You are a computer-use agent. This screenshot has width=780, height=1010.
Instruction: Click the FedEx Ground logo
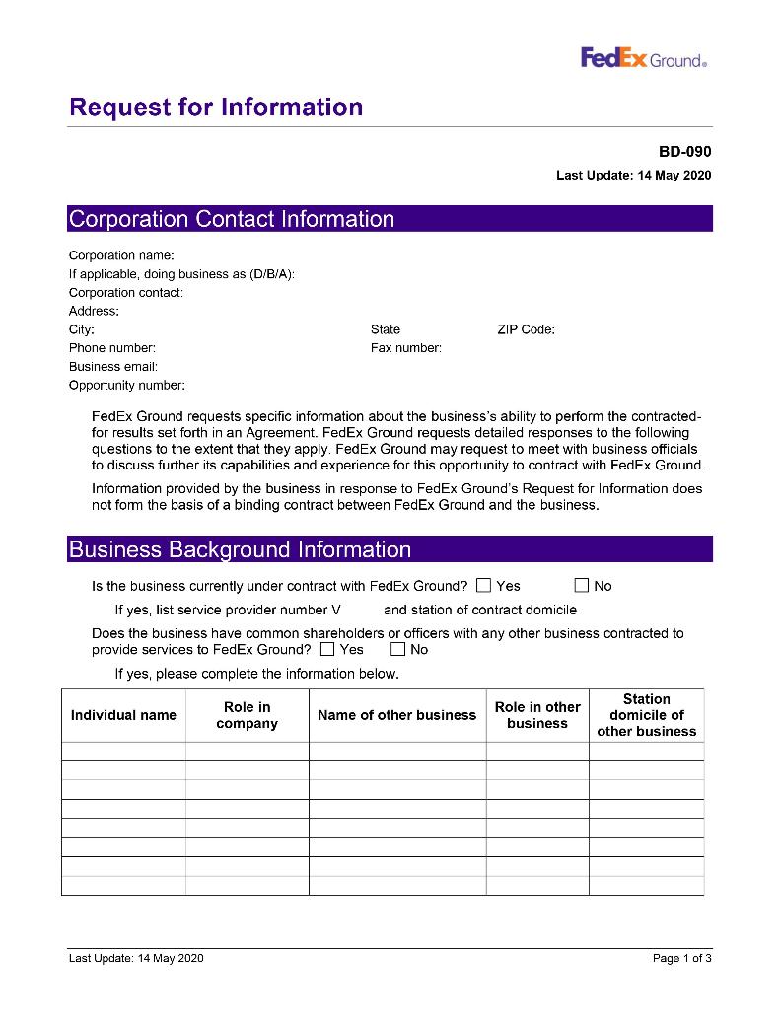643,59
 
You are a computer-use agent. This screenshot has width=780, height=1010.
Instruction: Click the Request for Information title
216,108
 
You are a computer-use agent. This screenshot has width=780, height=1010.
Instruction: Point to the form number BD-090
684,152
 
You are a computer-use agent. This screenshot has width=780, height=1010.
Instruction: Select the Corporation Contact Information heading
232,219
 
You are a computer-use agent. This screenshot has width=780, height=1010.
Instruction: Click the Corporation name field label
121,255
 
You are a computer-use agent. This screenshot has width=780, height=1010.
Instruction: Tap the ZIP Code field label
526,329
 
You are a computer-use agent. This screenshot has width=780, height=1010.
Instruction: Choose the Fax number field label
405,348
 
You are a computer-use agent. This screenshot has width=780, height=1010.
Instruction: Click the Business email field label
113,366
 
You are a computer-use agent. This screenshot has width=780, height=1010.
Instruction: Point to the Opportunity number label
126,385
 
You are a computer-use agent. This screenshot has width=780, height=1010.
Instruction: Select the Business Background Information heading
240,549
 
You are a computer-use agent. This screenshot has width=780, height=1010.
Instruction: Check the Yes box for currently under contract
483,586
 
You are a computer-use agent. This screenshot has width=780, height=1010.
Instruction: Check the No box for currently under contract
582,586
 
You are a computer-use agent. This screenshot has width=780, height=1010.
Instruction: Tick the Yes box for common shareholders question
326,650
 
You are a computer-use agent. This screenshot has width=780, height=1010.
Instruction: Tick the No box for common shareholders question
397,650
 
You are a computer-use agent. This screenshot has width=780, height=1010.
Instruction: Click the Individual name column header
123,715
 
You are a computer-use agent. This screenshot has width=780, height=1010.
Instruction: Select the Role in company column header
247,715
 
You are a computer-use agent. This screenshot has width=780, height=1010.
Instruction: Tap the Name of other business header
396,715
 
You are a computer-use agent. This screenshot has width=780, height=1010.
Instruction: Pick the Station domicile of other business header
646,715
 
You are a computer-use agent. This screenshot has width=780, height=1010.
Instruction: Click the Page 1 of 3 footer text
681,958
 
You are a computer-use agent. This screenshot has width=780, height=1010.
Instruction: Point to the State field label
386,329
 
